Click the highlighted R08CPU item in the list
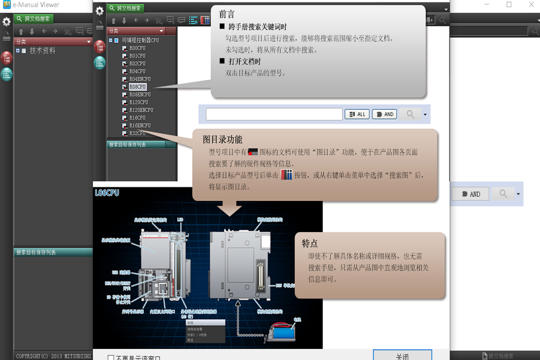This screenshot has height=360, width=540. pos(137,87)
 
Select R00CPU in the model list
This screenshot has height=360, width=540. pos(137,48)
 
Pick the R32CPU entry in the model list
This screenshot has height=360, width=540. pos(137,133)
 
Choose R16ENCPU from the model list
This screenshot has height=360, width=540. pos(140,125)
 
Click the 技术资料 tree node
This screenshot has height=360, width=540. pos(42,50)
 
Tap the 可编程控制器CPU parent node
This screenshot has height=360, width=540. pos(140,40)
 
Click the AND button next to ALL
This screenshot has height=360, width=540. pos(384,114)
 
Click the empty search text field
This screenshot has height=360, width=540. pos(274,114)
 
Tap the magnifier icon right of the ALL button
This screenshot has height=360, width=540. pos(410,114)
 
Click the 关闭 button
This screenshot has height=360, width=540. pos(402,356)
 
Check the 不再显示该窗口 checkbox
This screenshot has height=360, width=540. pos(111,357)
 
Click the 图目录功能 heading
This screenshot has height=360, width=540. pos(222,139)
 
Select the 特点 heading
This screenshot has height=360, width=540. pos(309,243)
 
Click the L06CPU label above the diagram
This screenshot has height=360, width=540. pos(107,192)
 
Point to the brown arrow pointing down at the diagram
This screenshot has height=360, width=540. pos(230,208)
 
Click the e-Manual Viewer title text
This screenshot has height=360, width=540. pos(36,5)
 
